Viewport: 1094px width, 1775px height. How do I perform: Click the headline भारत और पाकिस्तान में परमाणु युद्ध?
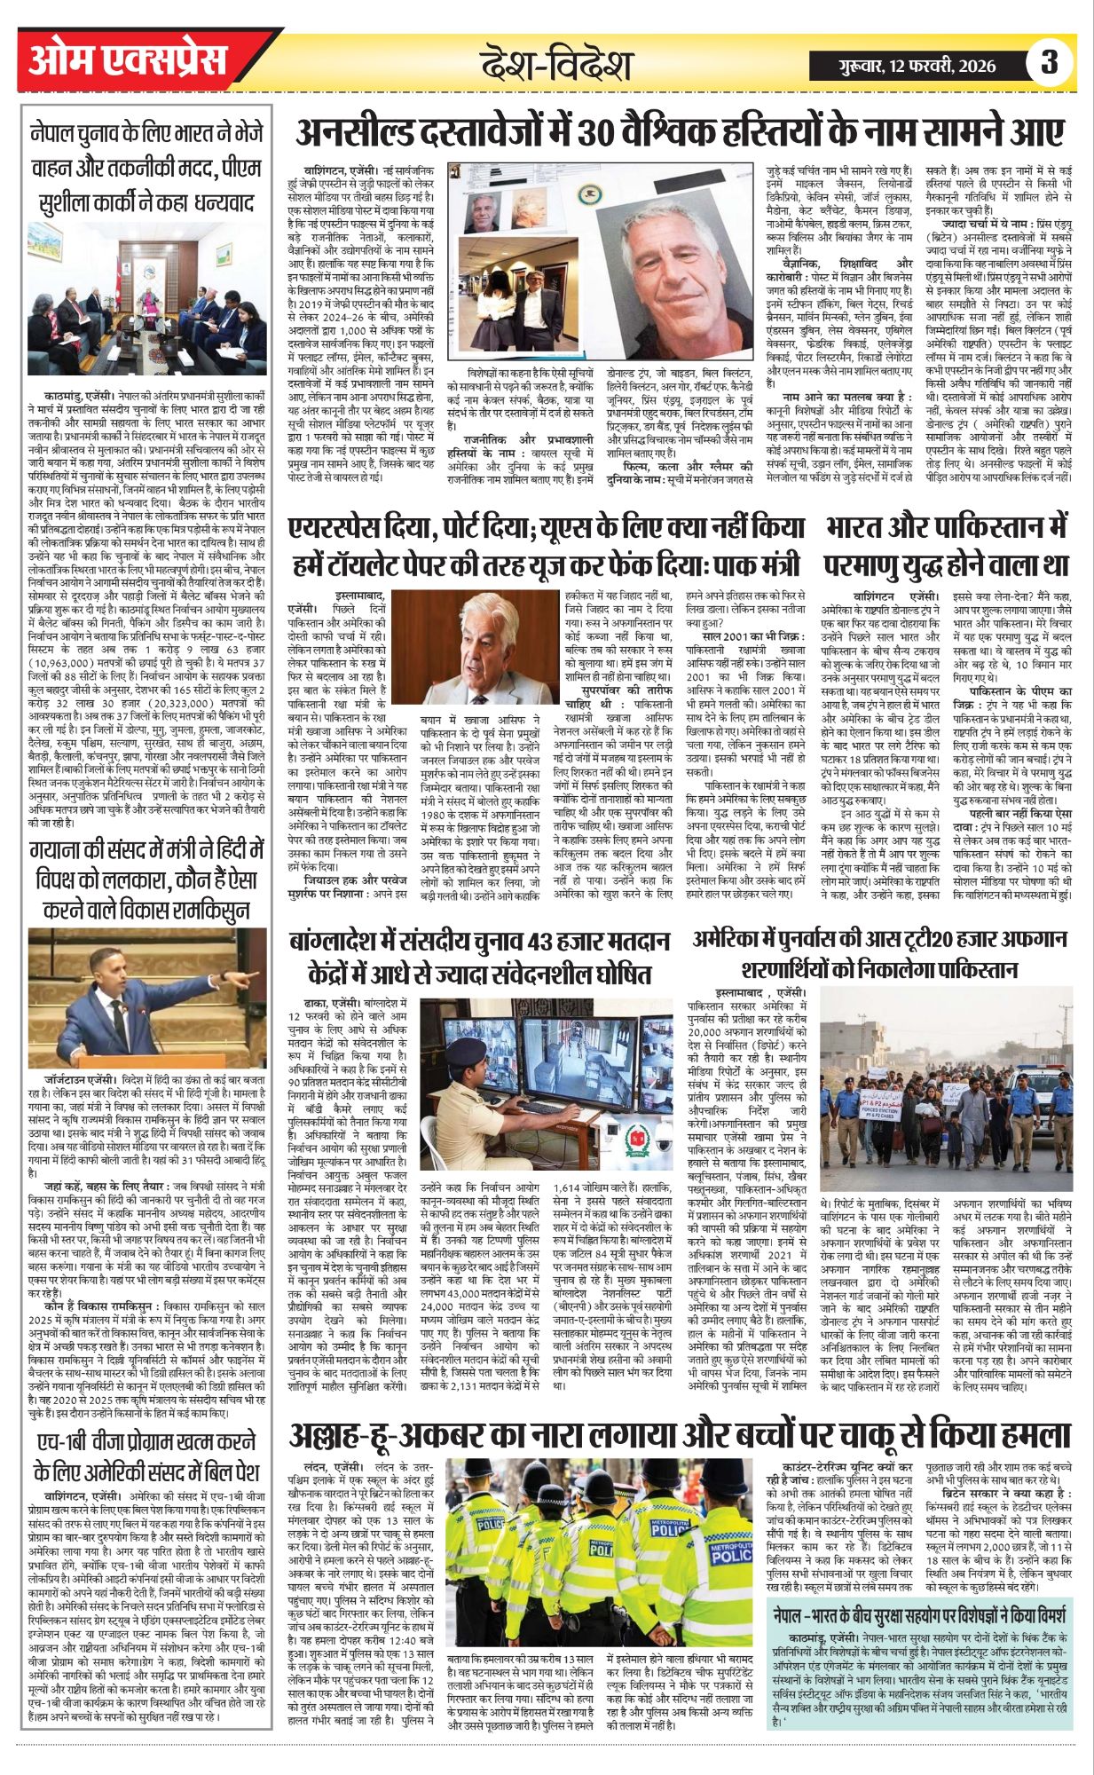[x=946, y=544]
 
